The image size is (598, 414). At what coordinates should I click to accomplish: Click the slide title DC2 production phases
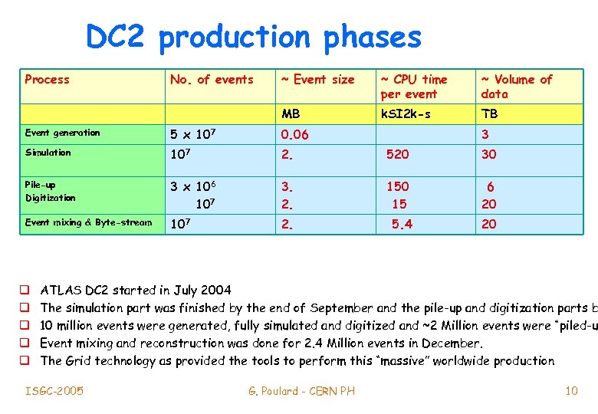pyautogui.click(x=253, y=37)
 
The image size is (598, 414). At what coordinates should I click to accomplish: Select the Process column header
pyautogui.click(x=47, y=80)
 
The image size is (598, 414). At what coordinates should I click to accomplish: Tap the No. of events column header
pyautogui.click(x=212, y=80)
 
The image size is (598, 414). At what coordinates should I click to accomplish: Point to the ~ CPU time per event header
pyautogui.click(x=413, y=87)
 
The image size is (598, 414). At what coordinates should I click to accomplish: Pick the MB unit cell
pyautogui.click(x=291, y=114)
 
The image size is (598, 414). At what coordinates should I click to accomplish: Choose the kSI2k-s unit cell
pyautogui.click(x=406, y=114)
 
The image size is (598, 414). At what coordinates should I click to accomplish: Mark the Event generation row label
pyautogui.click(x=62, y=133)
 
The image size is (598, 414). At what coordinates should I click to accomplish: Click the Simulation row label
pyautogui.click(x=48, y=153)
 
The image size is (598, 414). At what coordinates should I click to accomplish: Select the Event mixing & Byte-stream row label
pyautogui.click(x=88, y=223)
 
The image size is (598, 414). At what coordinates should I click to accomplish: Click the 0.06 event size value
pyautogui.click(x=295, y=135)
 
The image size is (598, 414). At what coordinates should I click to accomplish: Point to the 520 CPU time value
pyautogui.click(x=397, y=154)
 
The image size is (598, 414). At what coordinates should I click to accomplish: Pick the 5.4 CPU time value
pyautogui.click(x=402, y=224)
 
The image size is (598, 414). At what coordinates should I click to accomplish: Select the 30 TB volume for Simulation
pyautogui.click(x=488, y=154)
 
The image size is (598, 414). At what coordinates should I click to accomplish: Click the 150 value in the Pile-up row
pyautogui.click(x=397, y=186)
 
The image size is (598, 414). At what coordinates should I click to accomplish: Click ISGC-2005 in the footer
pyautogui.click(x=54, y=391)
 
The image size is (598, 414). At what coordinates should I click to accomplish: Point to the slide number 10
pyautogui.click(x=571, y=391)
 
